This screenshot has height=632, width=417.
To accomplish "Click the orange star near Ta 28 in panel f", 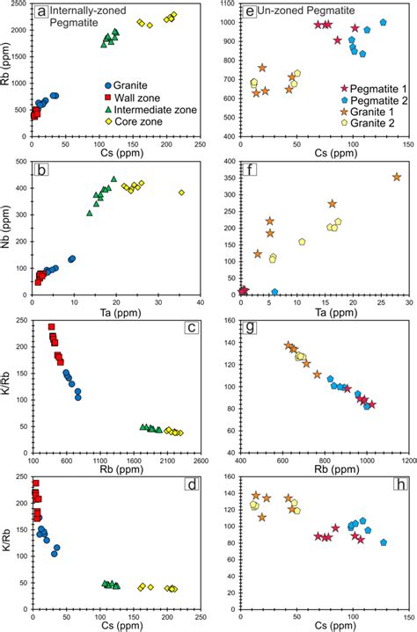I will tap(397, 177).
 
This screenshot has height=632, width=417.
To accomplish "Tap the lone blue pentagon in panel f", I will tap(274, 292).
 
